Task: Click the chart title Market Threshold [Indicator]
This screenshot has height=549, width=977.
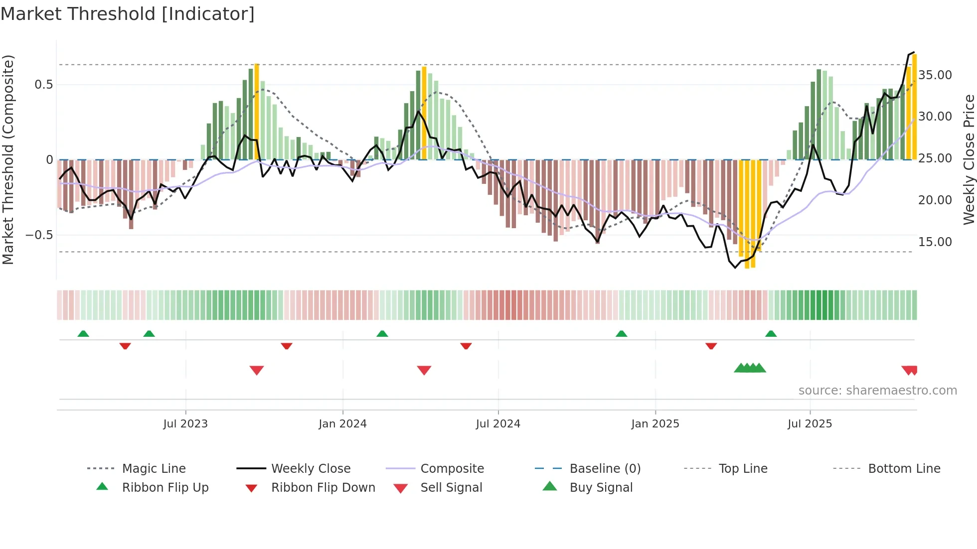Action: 128,14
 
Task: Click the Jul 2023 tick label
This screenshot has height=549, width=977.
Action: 185,424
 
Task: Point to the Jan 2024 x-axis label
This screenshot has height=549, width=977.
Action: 342,424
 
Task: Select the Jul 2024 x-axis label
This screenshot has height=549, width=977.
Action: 498,424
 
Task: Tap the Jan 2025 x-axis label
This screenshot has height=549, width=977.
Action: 655,424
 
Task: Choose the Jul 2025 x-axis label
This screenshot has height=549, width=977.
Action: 810,424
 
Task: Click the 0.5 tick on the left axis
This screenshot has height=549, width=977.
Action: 44,85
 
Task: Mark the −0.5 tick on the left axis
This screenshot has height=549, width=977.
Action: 39,235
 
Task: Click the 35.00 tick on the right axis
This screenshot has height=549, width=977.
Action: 935,75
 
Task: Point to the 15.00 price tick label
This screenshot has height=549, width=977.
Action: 935,242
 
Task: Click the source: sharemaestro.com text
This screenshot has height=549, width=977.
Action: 877,391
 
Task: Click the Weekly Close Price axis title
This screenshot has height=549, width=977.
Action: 969,159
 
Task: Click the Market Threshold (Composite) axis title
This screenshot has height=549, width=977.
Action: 8,159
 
